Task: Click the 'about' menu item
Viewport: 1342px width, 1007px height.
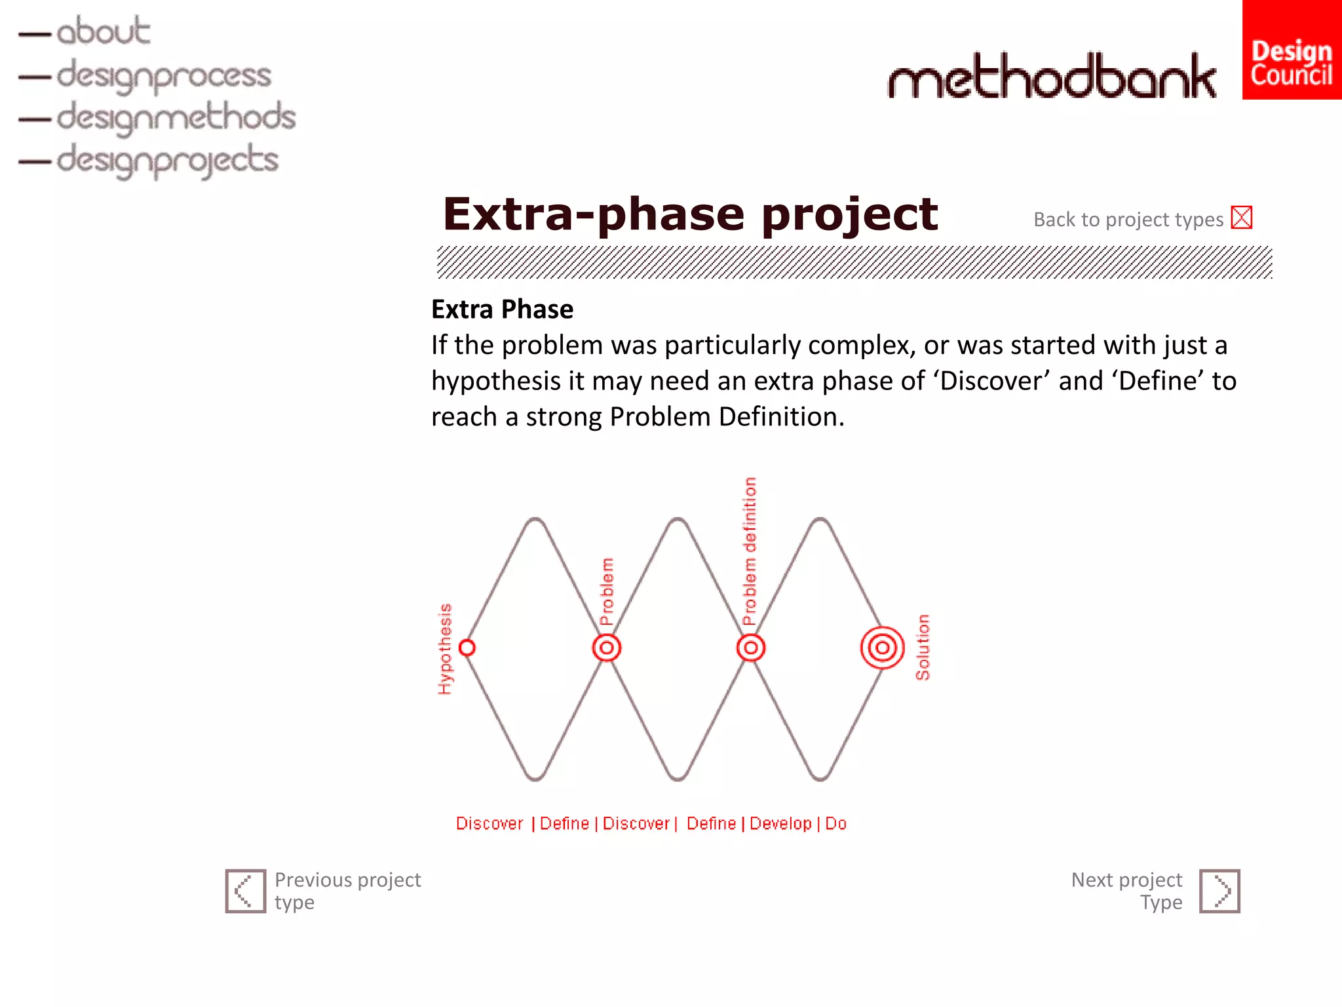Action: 103,31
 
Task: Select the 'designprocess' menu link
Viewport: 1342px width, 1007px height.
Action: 163,75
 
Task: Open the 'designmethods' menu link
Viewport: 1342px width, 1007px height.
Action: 176,117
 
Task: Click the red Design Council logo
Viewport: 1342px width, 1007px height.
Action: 1291,50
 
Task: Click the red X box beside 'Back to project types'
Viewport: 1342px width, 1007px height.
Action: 1241,218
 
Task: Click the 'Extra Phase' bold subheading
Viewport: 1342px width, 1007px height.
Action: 502,309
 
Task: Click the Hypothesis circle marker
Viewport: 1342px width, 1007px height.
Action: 467,648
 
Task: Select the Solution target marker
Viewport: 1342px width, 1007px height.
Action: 882,648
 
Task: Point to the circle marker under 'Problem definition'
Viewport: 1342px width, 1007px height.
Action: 750,648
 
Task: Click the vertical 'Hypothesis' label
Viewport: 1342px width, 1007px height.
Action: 445,648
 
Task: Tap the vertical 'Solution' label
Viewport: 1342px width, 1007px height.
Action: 923,647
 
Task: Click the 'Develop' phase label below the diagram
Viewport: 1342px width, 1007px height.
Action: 780,823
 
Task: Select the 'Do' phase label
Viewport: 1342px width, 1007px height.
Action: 835,823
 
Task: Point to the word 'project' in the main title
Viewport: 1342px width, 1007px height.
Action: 850,215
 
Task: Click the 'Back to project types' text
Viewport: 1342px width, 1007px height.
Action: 1128,220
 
